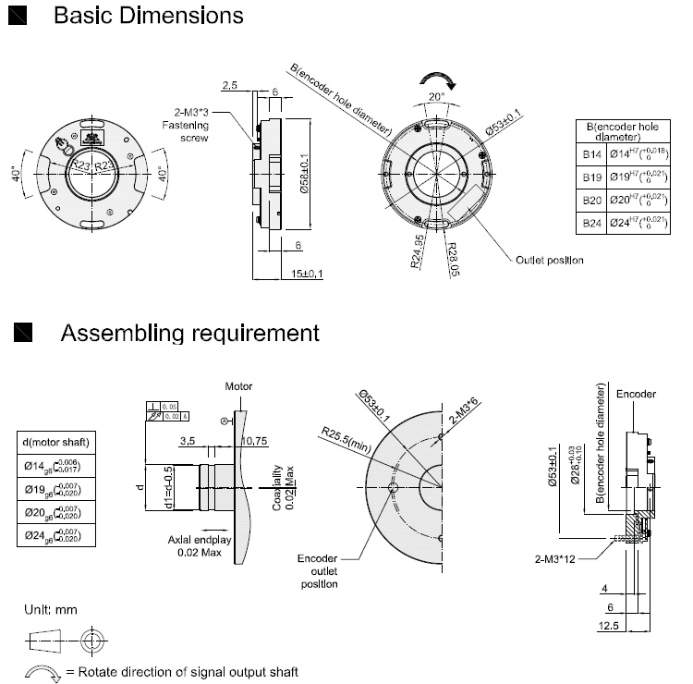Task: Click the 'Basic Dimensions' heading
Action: pos(148,16)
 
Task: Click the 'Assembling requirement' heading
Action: pos(189,333)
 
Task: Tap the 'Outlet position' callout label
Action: pos(549,261)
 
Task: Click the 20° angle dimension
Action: pos(435,95)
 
